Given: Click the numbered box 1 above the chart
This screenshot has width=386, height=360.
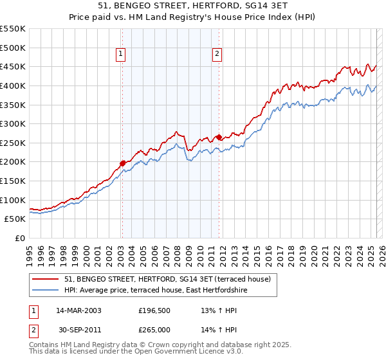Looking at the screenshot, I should coord(121,55).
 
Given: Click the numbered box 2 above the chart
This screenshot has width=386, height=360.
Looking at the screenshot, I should coord(218,55).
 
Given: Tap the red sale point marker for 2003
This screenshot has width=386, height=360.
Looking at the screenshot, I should coord(122,163).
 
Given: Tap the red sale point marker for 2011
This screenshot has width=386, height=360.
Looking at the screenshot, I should coord(219,137).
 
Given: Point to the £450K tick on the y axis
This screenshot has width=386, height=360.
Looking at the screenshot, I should coord(14,67).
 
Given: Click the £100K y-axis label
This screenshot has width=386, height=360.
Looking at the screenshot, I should coord(14,200).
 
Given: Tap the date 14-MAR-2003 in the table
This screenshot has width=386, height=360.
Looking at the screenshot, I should coord(79,310).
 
